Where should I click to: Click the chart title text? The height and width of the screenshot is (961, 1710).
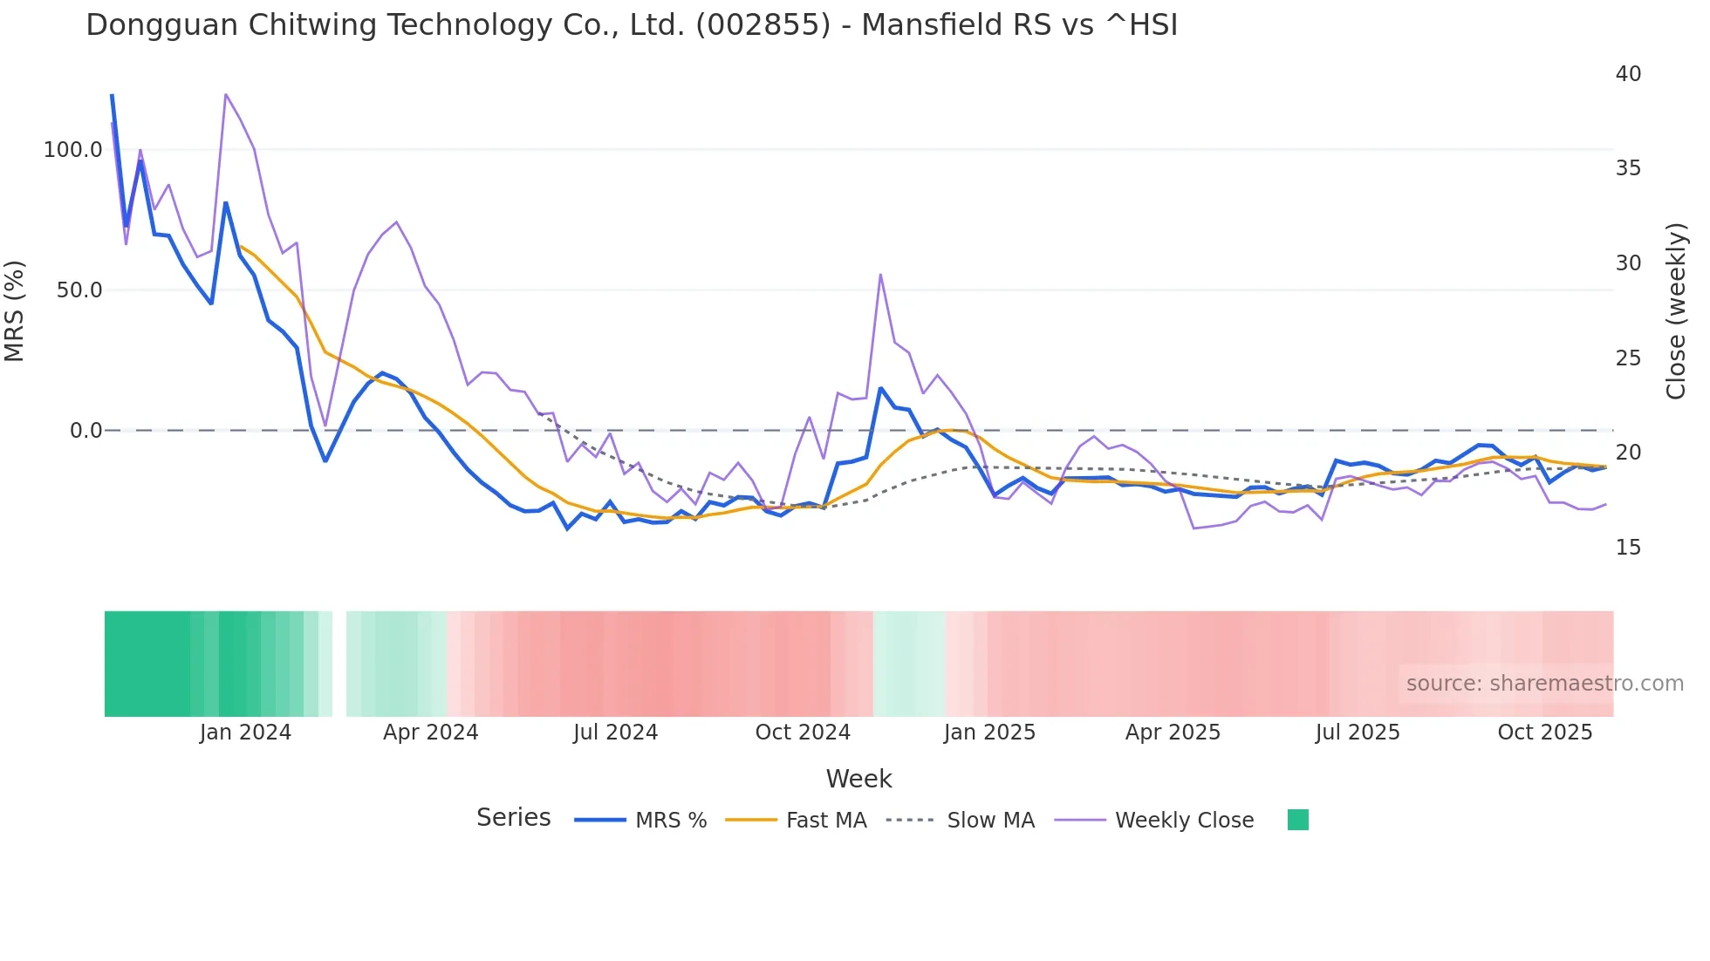[632, 25]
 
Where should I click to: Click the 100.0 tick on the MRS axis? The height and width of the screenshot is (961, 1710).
[73, 150]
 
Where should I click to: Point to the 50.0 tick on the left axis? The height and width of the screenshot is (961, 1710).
[79, 290]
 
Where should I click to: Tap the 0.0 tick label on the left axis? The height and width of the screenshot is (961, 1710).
[86, 431]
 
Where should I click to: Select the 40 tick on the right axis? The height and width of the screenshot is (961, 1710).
[1628, 74]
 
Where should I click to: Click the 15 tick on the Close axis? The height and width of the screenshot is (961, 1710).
[1628, 548]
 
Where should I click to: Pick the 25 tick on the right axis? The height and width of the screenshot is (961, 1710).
[1628, 358]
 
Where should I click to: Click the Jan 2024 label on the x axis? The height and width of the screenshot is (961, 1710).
[245, 733]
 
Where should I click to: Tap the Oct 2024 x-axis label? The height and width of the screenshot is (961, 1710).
[803, 733]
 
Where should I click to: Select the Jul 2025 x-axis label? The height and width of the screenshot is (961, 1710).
[1358, 733]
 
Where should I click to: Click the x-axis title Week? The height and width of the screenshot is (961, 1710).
[858, 779]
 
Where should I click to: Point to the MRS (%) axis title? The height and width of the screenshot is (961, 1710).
[15, 311]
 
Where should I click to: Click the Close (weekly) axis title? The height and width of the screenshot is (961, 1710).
[1676, 311]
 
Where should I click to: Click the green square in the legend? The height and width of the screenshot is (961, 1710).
[1298, 820]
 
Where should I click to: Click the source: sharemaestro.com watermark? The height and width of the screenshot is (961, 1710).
[1544, 684]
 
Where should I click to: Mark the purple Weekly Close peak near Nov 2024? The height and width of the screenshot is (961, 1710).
[880, 275]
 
